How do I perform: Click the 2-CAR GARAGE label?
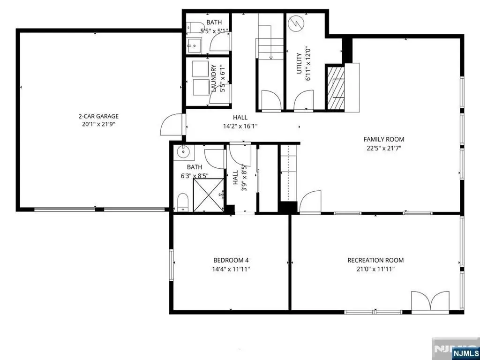98,116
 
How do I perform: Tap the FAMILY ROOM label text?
384,139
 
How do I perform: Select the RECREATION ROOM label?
375,260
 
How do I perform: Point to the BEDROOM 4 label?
231,261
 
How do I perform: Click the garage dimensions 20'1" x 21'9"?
98,124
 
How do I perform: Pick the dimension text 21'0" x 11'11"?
375,269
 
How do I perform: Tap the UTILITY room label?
299,63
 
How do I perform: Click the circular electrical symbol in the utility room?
296,23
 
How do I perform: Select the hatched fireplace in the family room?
336,88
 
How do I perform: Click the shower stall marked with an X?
208,195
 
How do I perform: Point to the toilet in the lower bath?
183,202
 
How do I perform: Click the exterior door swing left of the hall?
172,124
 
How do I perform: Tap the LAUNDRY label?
214,78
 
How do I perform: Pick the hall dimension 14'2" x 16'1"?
240,125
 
